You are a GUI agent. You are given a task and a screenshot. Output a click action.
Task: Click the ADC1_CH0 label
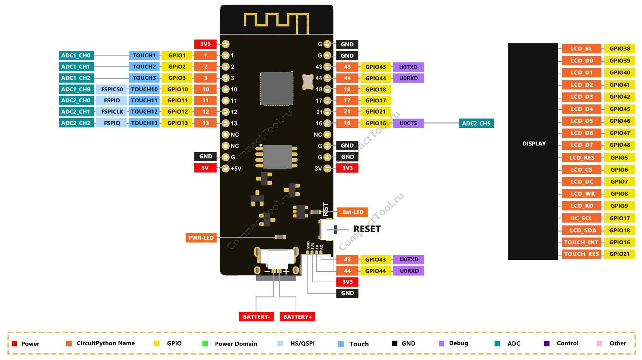point(76,55)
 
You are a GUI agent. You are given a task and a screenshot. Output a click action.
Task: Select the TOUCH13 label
point(144,123)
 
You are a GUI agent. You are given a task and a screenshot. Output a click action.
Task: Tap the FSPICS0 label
point(112,89)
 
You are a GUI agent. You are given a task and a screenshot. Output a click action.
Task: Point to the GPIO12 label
point(177,112)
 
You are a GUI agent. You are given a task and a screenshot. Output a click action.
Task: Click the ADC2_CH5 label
point(476,124)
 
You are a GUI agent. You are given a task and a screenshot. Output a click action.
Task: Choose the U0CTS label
point(408,123)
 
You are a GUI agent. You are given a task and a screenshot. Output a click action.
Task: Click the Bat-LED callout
point(353,212)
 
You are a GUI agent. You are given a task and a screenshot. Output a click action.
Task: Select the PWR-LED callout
point(201,238)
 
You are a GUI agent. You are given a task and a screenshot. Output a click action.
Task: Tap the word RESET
point(367,229)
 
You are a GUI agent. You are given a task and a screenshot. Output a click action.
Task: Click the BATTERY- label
point(256,317)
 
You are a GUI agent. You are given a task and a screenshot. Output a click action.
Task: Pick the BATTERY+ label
point(297,317)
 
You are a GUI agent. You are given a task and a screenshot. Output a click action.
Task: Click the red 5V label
point(205,168)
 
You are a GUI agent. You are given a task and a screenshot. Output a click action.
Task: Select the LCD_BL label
point(581,49)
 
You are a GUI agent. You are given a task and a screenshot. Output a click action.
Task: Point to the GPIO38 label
point(619,49)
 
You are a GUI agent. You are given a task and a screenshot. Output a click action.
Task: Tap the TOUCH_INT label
point(581,242)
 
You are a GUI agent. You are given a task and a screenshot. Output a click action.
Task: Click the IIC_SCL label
point(581,218)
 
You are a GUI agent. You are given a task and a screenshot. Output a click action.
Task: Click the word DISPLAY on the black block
point(534,144)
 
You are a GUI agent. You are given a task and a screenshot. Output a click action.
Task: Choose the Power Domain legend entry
point(236,344)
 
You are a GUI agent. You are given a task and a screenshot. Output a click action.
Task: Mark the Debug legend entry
point(458,343)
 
